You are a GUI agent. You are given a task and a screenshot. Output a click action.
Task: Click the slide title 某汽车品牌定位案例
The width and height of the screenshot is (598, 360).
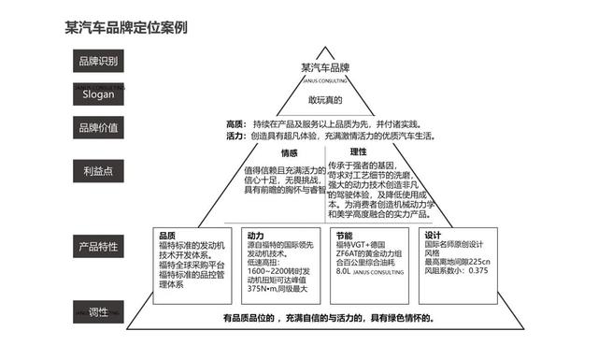click(x=121, y=27)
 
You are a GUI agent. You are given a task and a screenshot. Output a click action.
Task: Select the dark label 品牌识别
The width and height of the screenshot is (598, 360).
click(x=98, y=62)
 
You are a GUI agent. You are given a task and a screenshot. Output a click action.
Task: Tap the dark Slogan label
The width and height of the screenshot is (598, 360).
click(x=98, y=95)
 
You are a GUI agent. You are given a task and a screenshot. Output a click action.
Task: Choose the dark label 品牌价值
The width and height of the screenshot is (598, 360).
click(x=98, y=129)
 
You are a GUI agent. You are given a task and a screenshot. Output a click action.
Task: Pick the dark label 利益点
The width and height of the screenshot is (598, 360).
click(x=98, y=171)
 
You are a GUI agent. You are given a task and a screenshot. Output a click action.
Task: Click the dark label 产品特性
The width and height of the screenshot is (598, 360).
click(x=98, y=248)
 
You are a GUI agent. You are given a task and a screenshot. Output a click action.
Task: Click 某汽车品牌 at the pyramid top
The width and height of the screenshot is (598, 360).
click(x=324, y=68)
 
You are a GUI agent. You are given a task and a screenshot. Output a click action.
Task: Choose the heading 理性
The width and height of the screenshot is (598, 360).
click(x=358, y=151)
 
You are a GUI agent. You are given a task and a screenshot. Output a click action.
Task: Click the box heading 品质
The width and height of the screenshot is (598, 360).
click(x=167, y=236)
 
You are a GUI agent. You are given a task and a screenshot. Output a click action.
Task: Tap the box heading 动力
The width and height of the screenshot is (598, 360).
click(x=255, y=236)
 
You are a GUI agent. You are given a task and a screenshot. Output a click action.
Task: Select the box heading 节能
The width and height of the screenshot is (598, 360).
click(x=342, y=236)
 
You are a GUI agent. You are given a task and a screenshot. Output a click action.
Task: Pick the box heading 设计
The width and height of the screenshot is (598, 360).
click(x=433, y=236)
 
